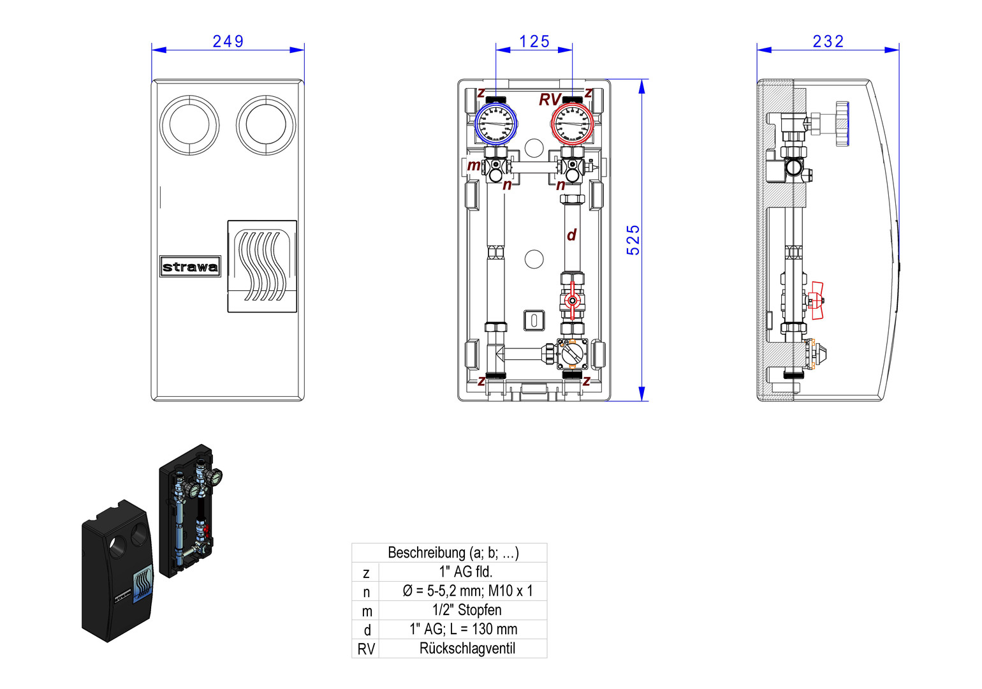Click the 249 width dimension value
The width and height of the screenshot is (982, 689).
[x=228, y=41]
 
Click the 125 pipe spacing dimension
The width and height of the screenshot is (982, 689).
[x=534, y=41]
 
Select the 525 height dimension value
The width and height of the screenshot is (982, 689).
[x=633, y=240]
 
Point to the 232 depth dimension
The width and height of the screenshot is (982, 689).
[x=828, y=41]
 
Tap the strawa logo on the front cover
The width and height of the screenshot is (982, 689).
[x=190, y=267]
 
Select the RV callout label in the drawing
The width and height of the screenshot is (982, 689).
[x=549, y=100]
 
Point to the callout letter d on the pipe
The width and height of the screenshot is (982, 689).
[x=571, y=235]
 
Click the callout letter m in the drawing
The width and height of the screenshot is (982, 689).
[x=473, y=165]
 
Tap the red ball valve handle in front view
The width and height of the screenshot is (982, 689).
[x=572, y=300]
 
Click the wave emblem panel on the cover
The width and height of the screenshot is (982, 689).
[x=262, y=266]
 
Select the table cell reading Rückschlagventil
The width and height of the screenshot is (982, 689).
[x=467, y=648]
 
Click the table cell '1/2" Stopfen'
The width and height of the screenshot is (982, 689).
[x=467, y=610]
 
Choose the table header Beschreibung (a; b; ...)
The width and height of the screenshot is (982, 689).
[x=453, y=552]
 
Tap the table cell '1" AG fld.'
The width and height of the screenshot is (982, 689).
[x=465, y=572]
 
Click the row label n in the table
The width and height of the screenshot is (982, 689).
[x=366, y=591]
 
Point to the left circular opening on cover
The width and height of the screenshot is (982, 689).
[x=189, y=124]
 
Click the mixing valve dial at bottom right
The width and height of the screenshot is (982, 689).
[x=572, y=354]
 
